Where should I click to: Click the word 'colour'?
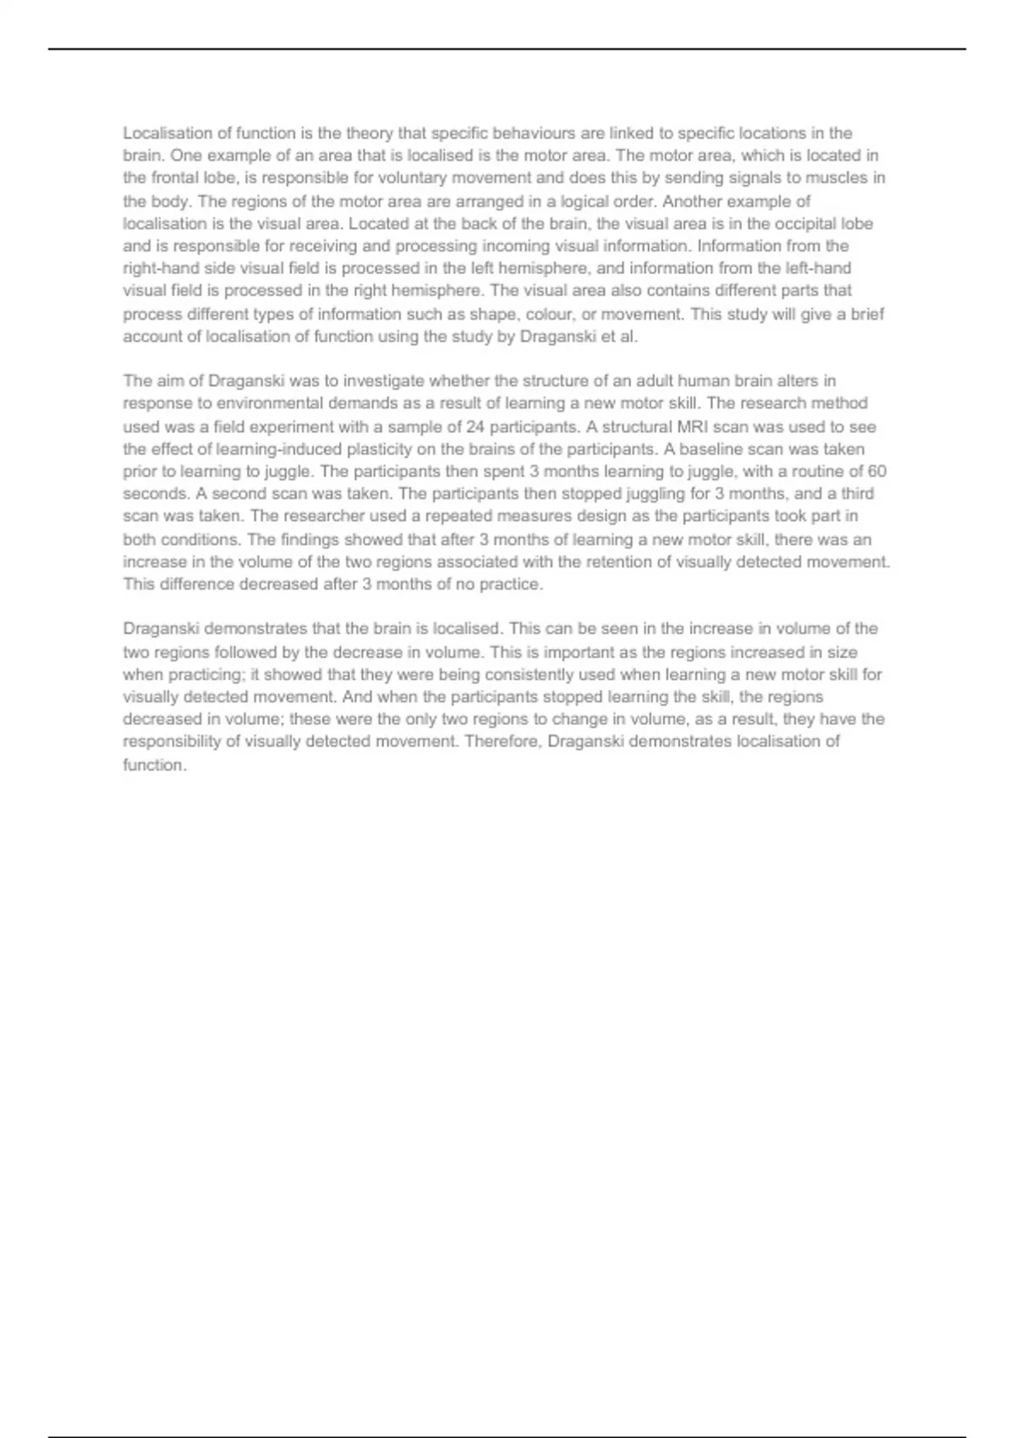click(547, 314)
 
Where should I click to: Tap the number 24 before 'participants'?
click(475, 427)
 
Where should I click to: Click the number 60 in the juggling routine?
click(877, 472)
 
